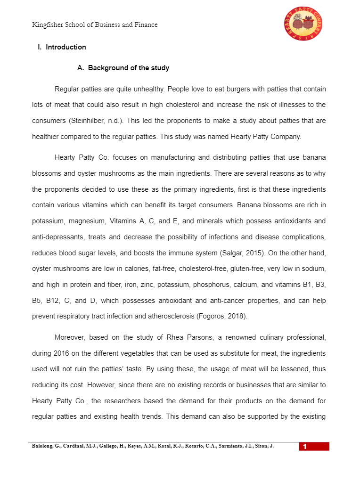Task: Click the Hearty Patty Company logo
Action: [303, 24]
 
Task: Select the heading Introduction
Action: [66, 47]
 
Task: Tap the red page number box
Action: [314, 447]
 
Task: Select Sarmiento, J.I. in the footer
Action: [237, 446]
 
